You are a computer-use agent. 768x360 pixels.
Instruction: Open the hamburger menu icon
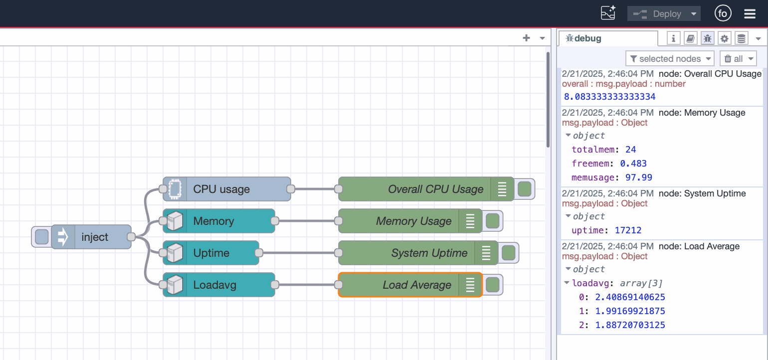[750, 14]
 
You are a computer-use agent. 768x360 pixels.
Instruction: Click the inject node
[94, 237]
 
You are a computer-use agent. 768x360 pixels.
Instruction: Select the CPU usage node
[227, 189]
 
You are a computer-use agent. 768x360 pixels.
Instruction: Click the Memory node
[219, 221]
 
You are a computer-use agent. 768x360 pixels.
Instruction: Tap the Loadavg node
[219, 285]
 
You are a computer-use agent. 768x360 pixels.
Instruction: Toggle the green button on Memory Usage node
[492, 221]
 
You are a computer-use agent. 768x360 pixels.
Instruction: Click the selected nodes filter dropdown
[670, 59]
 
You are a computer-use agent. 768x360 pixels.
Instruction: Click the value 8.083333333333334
[609, 97]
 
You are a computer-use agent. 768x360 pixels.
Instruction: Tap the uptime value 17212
[627, 230]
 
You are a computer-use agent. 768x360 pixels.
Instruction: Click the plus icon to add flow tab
[526, 38]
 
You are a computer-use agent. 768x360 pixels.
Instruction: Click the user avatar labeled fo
[723, 14]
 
